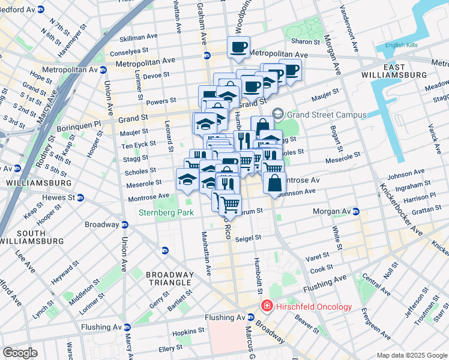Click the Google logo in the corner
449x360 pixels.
[x=20, y=352]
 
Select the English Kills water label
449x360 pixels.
[x=404, y=45]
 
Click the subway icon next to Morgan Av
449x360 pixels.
[x=355, y=212]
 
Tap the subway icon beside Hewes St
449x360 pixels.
[x=80, y=197]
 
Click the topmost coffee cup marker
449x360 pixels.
[x=238, y=47]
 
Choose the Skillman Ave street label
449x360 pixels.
[x=137, y=38]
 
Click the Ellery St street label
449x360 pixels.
[x=170, y=348]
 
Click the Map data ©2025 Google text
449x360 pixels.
[x=411, y=355]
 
